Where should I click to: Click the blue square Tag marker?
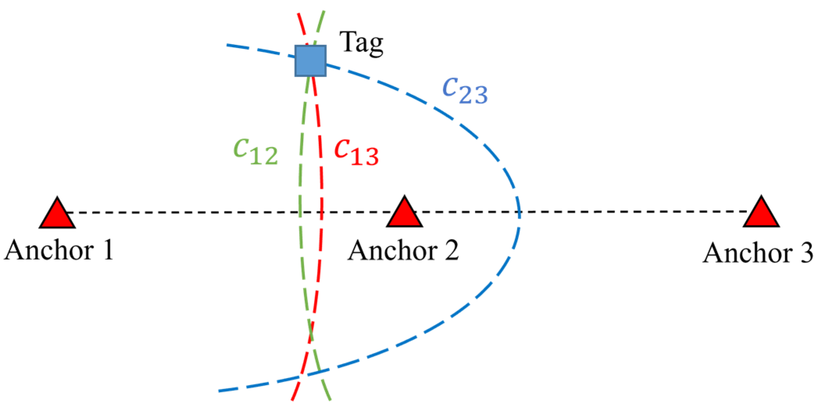pyautogui.click(x=310, y=60)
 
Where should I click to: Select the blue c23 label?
pyautogui.click(x=465, y=90)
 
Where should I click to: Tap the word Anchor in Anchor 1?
pyautogui.click(x=49, y=250)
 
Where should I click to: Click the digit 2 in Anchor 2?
pyautogui.click(x=451, y=250)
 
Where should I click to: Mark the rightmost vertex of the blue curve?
pyautogui.click(x=520, y=213)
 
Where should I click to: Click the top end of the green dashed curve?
pyautogui.click(x=324, y=12)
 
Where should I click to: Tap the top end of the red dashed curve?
pyautogui.click(x=298, y=14)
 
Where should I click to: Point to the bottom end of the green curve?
pyautogui.click(x=330, y=400)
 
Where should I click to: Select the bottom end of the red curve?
pyautogui.click(x=292, y=400)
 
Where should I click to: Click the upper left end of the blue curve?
pyautogui.click(x=227, y=45)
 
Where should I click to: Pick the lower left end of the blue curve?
pyautogui.click(x=219, y=391)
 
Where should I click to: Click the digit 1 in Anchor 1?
pyautogui.click(x=108, y=250)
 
